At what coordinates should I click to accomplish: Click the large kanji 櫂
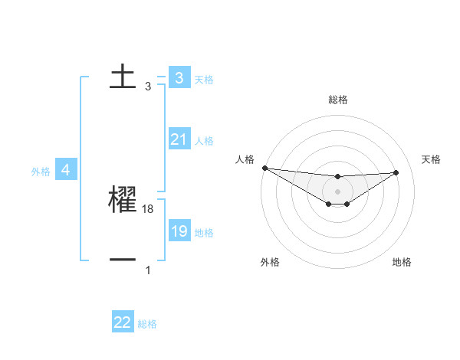[123, 200]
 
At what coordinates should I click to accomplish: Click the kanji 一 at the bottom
[123, 260]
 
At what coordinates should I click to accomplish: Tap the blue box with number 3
[179, 78]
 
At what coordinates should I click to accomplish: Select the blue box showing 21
[179, 139]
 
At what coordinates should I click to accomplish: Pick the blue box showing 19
[179, 231]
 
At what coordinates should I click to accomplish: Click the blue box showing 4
[65, 170]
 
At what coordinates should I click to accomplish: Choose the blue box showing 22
[123, 322]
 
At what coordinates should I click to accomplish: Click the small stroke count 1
[148, 270]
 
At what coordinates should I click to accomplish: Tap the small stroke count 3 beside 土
[148, 87]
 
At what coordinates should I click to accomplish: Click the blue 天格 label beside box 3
[204, 79]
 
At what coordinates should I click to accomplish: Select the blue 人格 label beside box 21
[204, 141]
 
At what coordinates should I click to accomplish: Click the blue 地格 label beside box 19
[204, 233]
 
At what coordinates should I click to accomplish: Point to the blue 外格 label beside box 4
[41, 172]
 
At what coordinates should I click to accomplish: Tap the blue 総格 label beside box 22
[147, 324]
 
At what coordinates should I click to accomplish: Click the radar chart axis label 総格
[338, 100]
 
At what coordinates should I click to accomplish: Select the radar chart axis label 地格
[402, 262]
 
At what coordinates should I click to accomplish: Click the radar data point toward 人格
[264, 168]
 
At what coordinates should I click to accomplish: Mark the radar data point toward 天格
[396, 172]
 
